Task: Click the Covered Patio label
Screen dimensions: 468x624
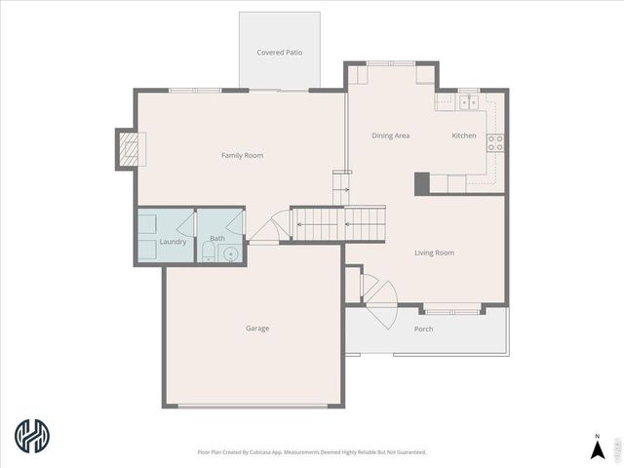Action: point(280,52)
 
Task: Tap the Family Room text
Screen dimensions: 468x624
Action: point(242,155)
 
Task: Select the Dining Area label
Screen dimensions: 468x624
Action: point(390,136)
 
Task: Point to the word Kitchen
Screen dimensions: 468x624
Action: point(464,136)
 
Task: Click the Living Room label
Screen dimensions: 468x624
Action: point(434,253)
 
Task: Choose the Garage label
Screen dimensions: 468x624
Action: point(257,329)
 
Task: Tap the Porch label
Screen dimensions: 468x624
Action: point(423,329)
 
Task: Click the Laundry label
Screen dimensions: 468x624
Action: point(173,242)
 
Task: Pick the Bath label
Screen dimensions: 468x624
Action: point(216,238)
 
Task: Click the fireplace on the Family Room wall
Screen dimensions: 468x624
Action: point(129,149)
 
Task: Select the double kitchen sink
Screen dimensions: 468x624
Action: point(468,100)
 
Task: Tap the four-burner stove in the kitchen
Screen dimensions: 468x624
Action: point(495,142)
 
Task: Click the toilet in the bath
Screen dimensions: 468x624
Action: point(208,253)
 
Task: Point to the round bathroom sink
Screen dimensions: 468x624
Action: point(231,254)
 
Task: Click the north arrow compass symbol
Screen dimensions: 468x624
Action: point(597,448)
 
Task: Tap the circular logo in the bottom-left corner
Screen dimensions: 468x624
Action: point(32,436)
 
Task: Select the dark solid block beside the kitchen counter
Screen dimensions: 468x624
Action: point(422,183)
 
